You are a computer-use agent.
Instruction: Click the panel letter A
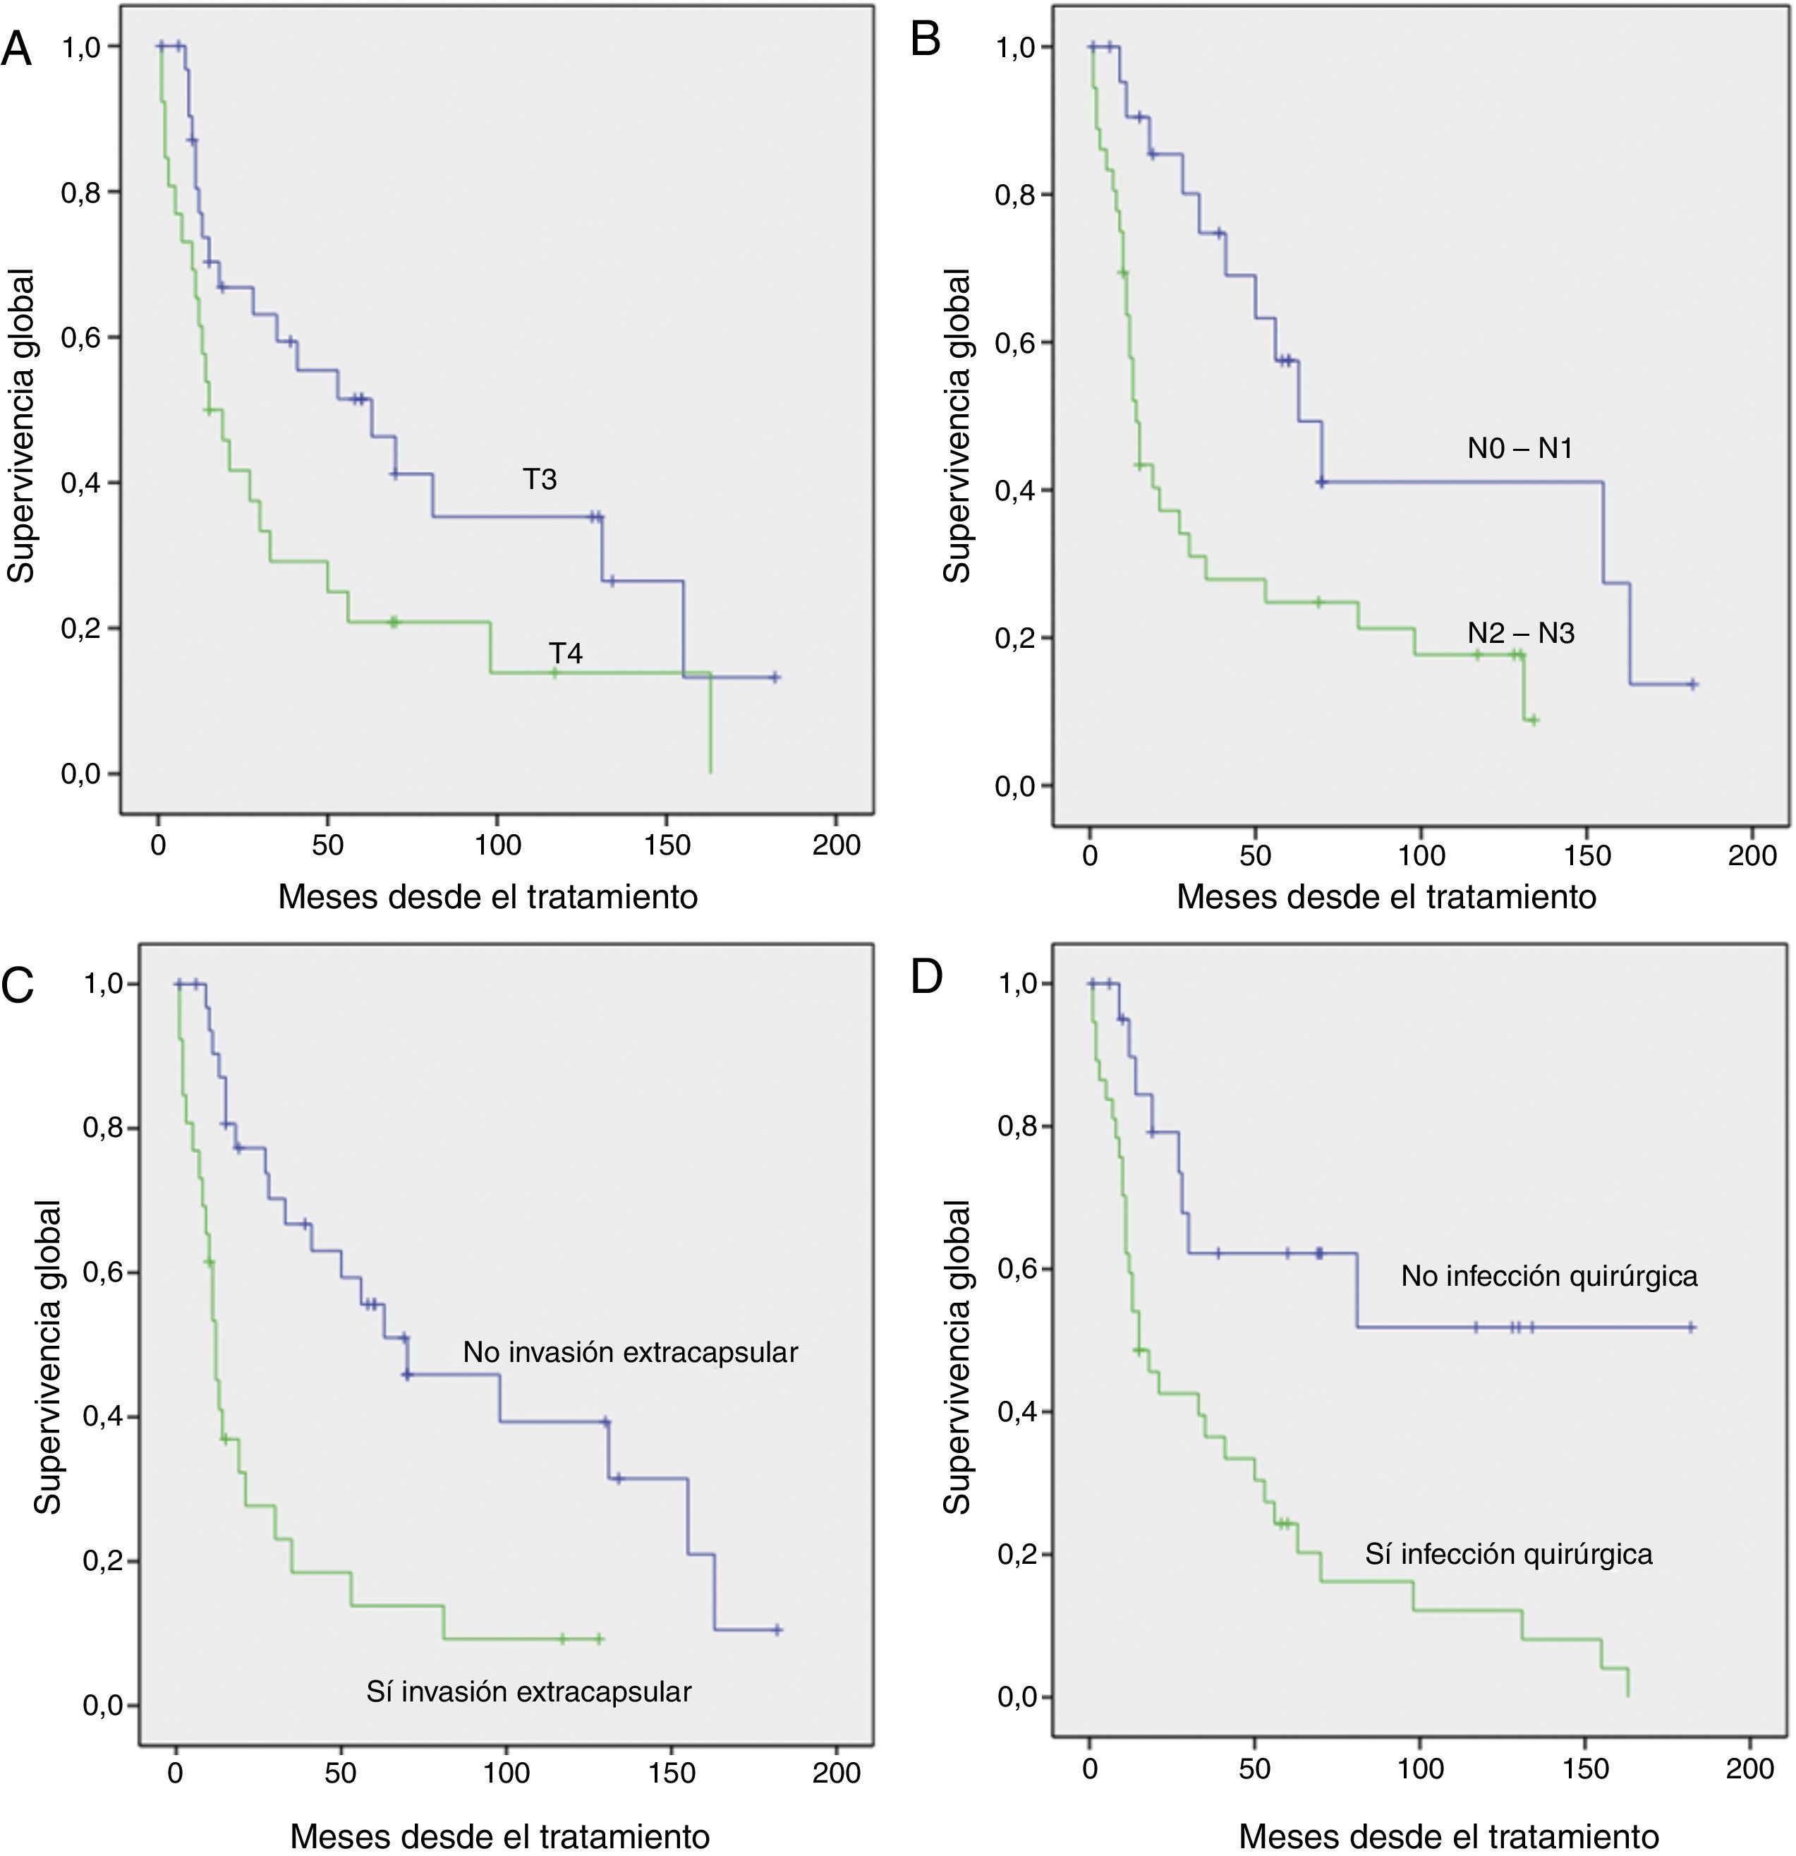[x=17, y=48]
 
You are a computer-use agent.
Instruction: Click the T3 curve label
[x=540, y=480]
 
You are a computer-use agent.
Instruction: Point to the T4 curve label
[x=566, y=653]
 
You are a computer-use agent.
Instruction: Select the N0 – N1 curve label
[x=1519, y=448]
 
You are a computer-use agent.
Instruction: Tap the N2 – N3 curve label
[x=1520, y=632]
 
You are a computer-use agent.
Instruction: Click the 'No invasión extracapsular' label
[x=630, y=1352]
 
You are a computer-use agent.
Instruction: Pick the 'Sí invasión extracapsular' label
[x=528, y=1692]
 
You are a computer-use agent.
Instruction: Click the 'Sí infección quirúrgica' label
[x=1508, y=1554]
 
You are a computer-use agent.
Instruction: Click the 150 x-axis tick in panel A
[x=667, y=845]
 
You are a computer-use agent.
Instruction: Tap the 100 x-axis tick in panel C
[x=506, y=1772]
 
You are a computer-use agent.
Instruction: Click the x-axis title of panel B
[x=1386, y=896]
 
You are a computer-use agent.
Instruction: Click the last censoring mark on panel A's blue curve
[x=775, y=677]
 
